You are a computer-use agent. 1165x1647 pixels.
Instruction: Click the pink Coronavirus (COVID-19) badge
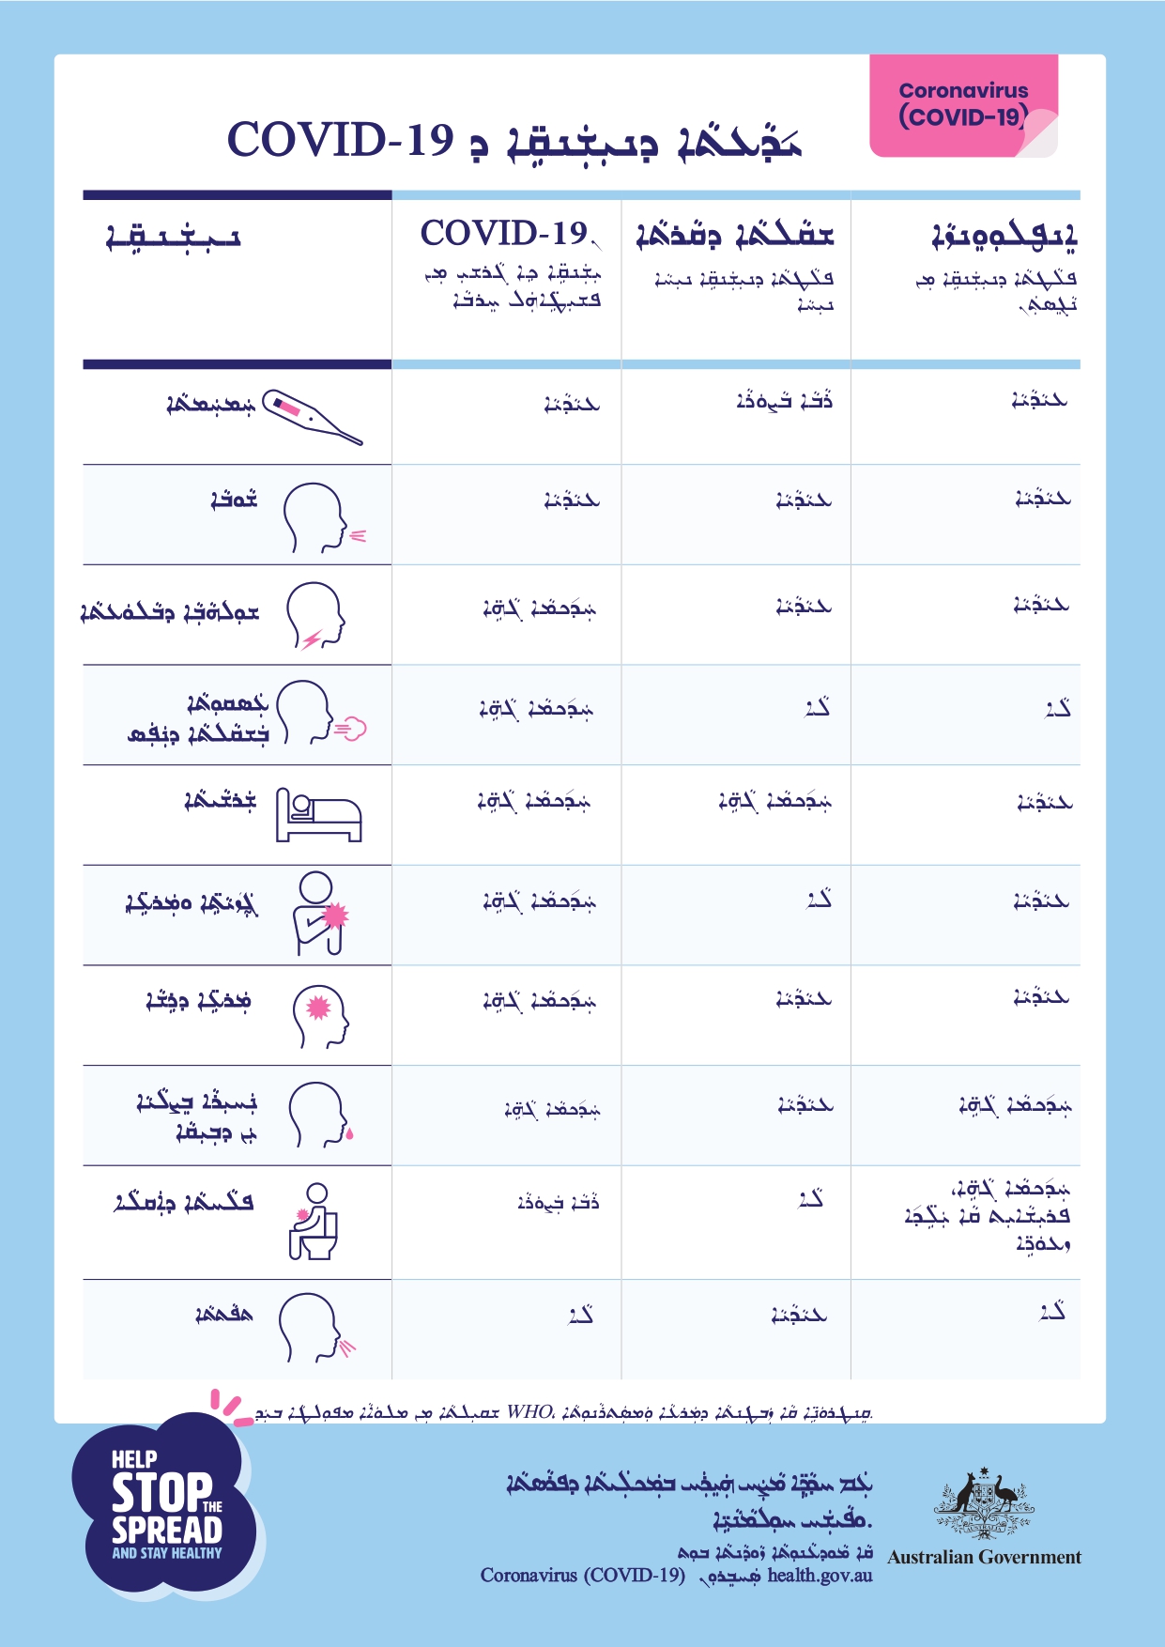963,105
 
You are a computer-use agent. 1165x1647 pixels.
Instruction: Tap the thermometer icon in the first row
312,416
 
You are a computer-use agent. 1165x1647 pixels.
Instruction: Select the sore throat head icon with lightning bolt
315,616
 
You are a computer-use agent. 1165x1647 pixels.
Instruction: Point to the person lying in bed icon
318,815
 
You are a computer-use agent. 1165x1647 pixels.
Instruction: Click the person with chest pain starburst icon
319,914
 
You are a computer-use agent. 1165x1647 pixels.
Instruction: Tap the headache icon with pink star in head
320,1016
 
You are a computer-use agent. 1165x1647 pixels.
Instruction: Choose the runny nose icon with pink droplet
320,1115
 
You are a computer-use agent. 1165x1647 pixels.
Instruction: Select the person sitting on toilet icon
314,1222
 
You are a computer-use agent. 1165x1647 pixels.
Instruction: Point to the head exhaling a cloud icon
319,714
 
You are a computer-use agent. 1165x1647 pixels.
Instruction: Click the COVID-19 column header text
504,233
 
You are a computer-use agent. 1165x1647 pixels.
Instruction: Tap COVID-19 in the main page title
340,140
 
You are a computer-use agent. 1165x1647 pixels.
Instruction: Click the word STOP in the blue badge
161,1492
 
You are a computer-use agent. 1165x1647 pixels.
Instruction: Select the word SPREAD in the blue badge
167,1530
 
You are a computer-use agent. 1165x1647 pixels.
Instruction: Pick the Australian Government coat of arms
983,1503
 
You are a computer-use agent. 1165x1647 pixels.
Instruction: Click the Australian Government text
984,1557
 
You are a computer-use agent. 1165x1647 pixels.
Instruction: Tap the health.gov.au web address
820,1575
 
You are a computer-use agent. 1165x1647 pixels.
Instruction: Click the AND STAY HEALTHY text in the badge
167,1553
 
